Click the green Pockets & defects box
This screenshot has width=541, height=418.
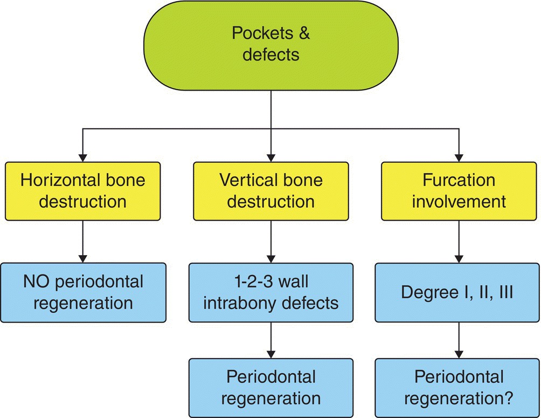(270, 45)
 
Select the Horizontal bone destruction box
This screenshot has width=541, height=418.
(82, 191)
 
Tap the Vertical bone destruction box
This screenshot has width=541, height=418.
(270, 191)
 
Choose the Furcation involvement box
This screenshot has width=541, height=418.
(459, 191)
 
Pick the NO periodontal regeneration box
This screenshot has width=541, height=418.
(82, 292)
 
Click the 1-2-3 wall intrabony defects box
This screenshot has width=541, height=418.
(270, 292)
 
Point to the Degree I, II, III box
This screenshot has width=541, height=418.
(459, 292)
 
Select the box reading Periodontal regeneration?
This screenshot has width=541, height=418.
(459, 387)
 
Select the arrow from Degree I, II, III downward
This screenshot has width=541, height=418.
(459, 340)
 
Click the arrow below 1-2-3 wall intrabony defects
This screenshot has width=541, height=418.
(270, 340)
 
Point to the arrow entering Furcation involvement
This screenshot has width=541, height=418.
(459, 146)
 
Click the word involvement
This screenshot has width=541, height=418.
(459, 202)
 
